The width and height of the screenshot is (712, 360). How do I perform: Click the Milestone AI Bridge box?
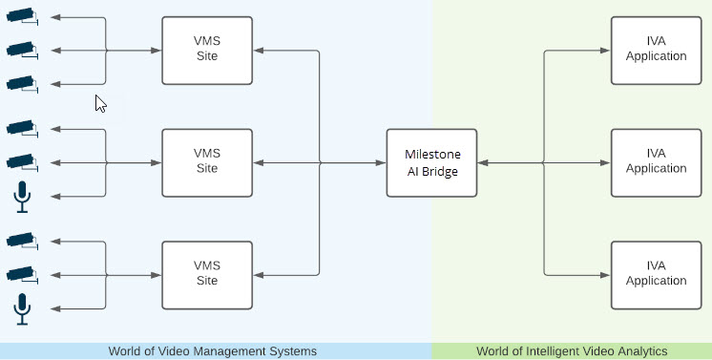(x=431, y=162)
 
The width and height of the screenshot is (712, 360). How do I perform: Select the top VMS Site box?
(x=207, y=50)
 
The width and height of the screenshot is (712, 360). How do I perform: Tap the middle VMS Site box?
(x=207, y=162)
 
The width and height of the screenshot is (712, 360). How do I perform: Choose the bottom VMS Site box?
(x=207, y=275)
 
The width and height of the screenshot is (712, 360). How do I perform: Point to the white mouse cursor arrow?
(x=99, y=102)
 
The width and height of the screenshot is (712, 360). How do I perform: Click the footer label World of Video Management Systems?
(x=212, y=351)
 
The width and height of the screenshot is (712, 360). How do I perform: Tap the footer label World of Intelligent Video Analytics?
(x=572, y=351)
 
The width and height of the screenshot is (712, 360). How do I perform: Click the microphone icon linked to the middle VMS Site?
(x=22, y=197)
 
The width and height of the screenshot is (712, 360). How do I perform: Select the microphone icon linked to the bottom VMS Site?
(x=22, y=308)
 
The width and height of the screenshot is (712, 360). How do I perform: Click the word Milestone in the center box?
(x=431, y=155)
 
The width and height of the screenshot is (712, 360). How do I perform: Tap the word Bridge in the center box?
(x=442, y=170)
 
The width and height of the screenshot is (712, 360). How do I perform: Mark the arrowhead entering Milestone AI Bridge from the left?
(x=381, y=163)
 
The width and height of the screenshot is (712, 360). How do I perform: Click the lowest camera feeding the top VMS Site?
(x=21, y=84)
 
